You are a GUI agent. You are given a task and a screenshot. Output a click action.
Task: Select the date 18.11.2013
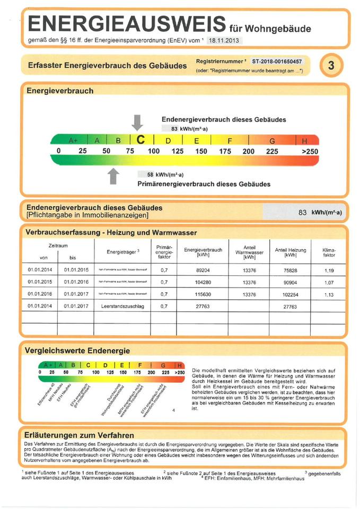point(225,40)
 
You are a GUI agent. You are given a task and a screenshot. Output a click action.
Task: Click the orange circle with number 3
point(331,66)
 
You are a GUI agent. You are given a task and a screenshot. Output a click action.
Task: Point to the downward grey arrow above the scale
point(137,122)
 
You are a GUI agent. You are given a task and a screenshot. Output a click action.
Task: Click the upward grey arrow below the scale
point(113,175)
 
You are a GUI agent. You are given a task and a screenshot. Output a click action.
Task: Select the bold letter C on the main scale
point(141,140)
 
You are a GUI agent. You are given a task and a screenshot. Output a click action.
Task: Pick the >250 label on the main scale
point(310,152)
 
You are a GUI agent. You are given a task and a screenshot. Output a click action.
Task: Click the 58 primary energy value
point(151,174)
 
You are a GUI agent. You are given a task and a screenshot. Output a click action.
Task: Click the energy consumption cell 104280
point(202,282)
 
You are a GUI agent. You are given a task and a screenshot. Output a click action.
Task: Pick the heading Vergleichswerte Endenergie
point(77,350)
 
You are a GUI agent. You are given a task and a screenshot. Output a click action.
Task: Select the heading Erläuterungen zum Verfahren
point(80,435)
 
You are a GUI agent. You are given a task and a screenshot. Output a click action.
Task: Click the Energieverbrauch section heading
point(60,91)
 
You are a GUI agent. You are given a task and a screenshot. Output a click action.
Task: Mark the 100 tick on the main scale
point(153,152)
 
